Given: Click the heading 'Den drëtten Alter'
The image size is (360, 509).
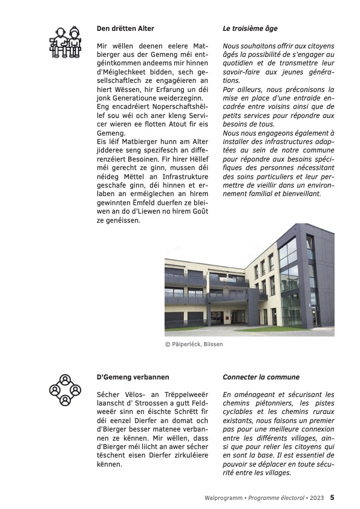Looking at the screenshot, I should pyautogui.click(x=125, y=28).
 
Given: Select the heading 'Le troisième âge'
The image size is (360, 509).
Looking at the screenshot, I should pyautogui.click(x=250, y=28).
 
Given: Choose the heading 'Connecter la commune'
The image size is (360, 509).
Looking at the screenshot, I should pyautogui.click(x=261, y=376).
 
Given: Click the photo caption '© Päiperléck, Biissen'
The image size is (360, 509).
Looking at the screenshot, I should pyautogui.click(x=194, y=344).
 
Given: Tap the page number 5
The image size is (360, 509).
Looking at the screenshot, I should pyautogui.click(x=332, y=498).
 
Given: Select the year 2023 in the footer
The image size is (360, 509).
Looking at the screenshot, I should pyautogui.click(x=317, y=498).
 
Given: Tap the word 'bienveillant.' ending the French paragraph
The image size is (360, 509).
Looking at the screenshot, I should pyautogui.click(x=297, y=194).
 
